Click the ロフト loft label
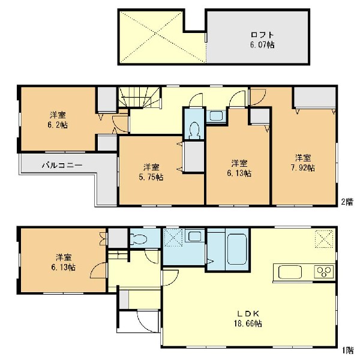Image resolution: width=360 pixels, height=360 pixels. click(262, 35)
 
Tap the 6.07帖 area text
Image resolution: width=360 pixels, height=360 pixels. click(262, 44)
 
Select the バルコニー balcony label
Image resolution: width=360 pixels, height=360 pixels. click(62, 166)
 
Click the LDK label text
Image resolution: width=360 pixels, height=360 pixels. click(248, 313)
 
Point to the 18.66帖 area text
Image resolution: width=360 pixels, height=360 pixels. click(248, 323)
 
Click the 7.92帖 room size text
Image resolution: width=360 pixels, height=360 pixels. click(303, 168)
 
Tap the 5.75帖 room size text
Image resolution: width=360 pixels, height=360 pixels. click(151, 177)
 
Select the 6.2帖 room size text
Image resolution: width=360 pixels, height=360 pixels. click(58, 125)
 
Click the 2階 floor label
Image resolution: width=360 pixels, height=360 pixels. click(347, 202)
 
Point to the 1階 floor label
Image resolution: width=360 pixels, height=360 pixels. click(348, 350)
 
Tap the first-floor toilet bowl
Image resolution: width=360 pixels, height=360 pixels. click(139, 239)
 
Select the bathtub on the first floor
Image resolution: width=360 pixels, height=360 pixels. click(237, 250)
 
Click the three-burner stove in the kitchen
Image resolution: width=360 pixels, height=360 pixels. click(324, 271)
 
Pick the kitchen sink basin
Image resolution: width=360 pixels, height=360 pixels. click(290, 272)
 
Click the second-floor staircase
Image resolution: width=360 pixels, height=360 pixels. click(139, 97)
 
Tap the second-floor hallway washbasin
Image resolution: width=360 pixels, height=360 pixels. click(216, 115)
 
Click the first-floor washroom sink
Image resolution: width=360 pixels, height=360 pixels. click(194, 236)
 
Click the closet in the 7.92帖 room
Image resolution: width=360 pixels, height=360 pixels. click(314, 97)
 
